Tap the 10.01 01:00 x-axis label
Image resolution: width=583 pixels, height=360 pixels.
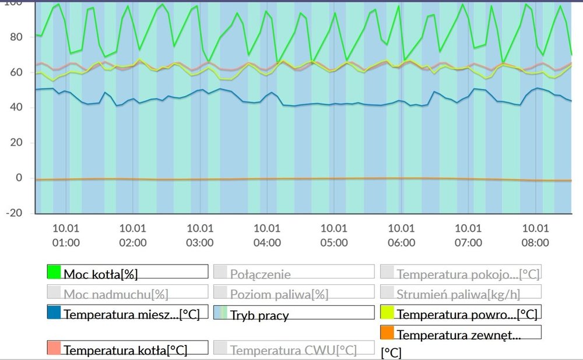[66, 235]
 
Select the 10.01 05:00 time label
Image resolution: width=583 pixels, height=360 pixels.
[334, 235]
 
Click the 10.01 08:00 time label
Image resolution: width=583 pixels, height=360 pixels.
[535, 235]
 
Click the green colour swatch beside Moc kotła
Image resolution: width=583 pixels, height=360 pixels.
[54, 271]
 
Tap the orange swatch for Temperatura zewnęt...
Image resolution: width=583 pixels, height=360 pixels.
[387, 333]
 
